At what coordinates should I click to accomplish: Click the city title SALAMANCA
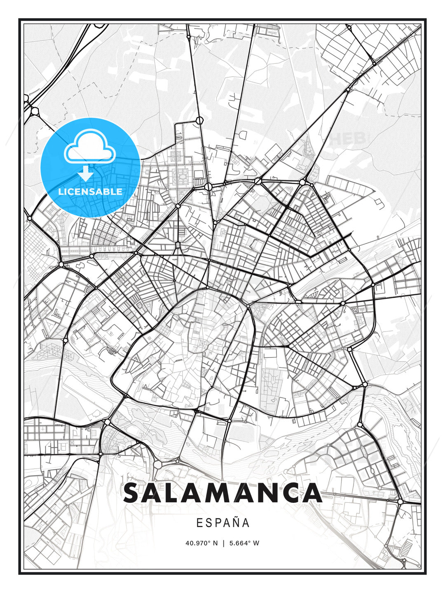click(222, 493)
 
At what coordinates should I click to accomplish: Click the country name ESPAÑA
click(222, 523)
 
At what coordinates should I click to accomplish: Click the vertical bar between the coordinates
click(223, 543)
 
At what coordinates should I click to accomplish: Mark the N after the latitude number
click(215, 543)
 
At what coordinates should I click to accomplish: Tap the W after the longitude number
click(256, 543)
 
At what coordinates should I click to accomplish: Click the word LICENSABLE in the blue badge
click(90, 191)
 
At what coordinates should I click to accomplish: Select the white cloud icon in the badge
click(89, 147)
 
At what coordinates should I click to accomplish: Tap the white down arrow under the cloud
click(86, 173)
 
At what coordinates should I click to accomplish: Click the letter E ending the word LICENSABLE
click(119, 191)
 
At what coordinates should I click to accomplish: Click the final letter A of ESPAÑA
click(246, 523)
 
